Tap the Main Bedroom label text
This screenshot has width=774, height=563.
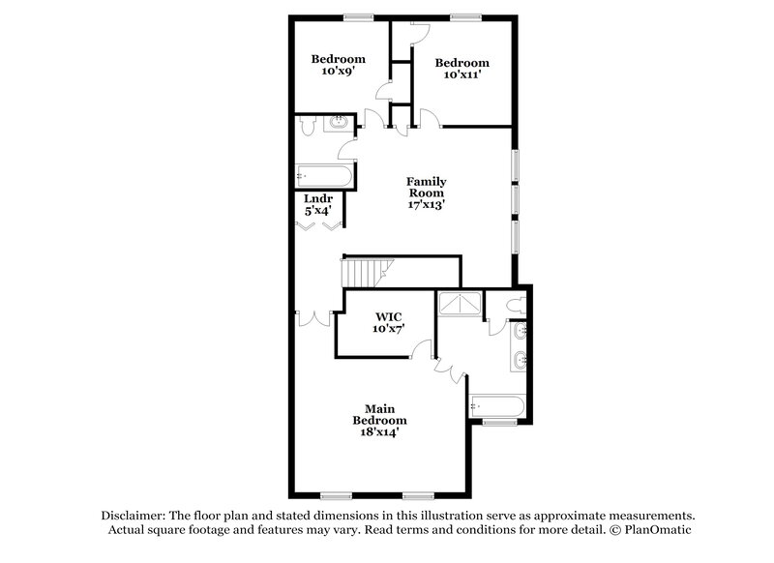pyautogui.click(x=385, y=414)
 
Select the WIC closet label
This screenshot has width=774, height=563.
pyautogui.click(x=388, y=316)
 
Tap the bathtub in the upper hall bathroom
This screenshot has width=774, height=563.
pyautogui.click(x=325, y=176)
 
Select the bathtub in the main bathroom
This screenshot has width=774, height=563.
pyautogui.click(x=497, y=406)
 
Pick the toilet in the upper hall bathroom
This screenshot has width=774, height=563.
pyautogui.click(x=308, y=126)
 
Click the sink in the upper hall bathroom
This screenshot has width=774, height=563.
pyautogui.click(x=340, y=123)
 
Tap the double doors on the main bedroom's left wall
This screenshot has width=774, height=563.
pyautogui.click(x=314, y=317)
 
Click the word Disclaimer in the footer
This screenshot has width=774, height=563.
pyautogui.click(x=134, y=516)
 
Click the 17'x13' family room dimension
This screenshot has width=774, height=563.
pyautogui.click(x=426, y=204)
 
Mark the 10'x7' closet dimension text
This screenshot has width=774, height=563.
pyautogui.click(x=388, y=329)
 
